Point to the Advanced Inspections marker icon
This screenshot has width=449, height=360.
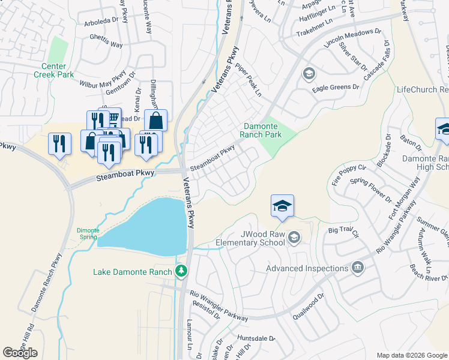358,267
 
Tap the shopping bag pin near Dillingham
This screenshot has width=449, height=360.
155,120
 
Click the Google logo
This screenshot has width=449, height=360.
20,353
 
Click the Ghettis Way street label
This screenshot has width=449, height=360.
107,45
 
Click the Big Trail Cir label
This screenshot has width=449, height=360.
343,230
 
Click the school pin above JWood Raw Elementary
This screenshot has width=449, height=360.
282,206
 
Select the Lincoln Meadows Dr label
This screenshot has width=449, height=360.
352,38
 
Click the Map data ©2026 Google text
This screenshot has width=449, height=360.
411,355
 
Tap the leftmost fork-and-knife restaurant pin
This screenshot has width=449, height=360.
59,145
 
